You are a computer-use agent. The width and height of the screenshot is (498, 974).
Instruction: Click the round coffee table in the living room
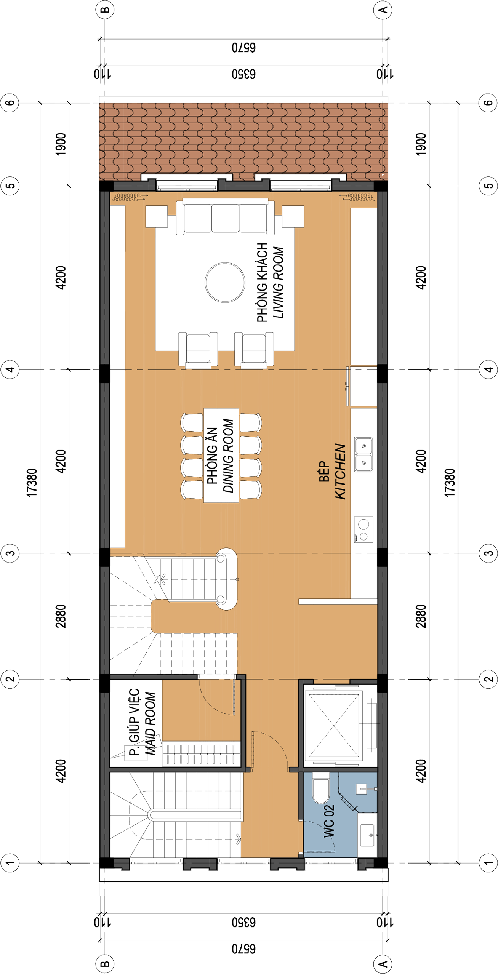(x=225, y=282)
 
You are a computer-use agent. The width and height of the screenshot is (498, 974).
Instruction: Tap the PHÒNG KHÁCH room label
(x=262, y=282)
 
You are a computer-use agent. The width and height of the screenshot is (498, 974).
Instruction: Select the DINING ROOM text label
(x=228, y=456)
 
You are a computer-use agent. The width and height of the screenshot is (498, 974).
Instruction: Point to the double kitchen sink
(x=363, y=454)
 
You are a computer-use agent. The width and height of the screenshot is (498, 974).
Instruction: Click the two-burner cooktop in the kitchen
(x=363, y=529)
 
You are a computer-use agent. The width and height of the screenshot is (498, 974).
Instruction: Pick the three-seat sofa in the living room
(x=225, y=216)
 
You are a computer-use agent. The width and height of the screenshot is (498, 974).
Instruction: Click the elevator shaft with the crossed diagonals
(x=334, y=725)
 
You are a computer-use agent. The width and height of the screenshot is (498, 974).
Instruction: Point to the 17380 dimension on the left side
(x=32, y=483)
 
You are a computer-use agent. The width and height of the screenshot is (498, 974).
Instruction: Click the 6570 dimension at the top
(x=244, y=48)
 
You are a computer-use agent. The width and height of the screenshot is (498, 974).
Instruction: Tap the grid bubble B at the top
(x=105, y=10)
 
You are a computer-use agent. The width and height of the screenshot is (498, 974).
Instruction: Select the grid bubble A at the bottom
(x=383, y=964)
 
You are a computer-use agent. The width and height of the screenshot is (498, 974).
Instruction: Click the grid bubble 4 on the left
(x=10, y=369)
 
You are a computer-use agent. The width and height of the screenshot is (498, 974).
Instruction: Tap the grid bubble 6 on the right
(x=488, y=103)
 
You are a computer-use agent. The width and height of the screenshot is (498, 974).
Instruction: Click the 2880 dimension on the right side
(x=421, y=616)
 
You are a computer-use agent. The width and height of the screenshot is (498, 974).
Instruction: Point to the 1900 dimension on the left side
(x=61, y=144)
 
